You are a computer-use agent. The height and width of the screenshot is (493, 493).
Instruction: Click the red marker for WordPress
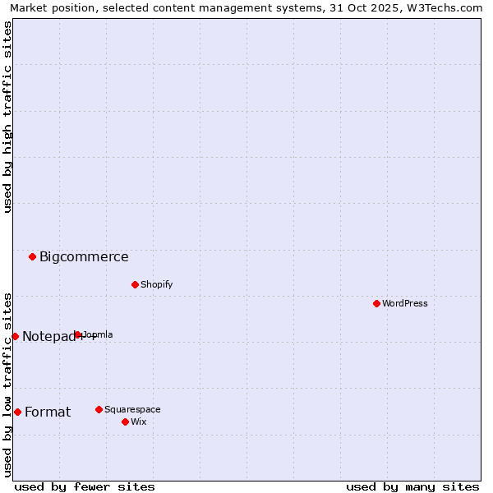[x=376, y=303]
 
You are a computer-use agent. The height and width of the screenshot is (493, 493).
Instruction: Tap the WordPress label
[x=404, y=303]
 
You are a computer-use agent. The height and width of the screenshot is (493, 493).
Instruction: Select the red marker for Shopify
[x=135, y=284]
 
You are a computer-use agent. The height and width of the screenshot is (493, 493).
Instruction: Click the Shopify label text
[x=156, y=284]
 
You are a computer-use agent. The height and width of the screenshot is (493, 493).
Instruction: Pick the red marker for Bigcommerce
[x=32, y=256]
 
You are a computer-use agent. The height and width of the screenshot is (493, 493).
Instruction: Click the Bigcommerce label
[x=84, y=256]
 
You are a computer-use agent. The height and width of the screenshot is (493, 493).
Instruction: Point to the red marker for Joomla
[x=78, y=334]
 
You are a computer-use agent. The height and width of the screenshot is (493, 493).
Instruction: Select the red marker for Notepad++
[x=15, y=336]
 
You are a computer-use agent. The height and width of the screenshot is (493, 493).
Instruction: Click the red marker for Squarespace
[x=99, y=409]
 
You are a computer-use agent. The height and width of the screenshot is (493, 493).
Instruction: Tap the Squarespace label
[x=132, y=409]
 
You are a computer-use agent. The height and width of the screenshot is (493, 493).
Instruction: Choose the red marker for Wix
[x=125, y=422]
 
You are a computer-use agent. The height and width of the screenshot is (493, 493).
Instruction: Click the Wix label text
[x=138, y=422]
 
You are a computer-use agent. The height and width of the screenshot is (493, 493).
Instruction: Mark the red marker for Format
[x=17, y=412]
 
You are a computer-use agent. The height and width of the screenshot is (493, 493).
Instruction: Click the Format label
[x=48, y=412]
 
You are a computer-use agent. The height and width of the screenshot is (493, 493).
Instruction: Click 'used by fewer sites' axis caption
[x=85, y=486]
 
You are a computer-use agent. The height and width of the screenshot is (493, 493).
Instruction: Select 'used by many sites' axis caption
[x=412, y=486]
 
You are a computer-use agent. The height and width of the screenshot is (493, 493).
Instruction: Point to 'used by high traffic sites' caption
[x=7, y=117]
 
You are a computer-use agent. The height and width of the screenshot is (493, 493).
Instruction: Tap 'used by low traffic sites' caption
[x=7, y=385]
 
